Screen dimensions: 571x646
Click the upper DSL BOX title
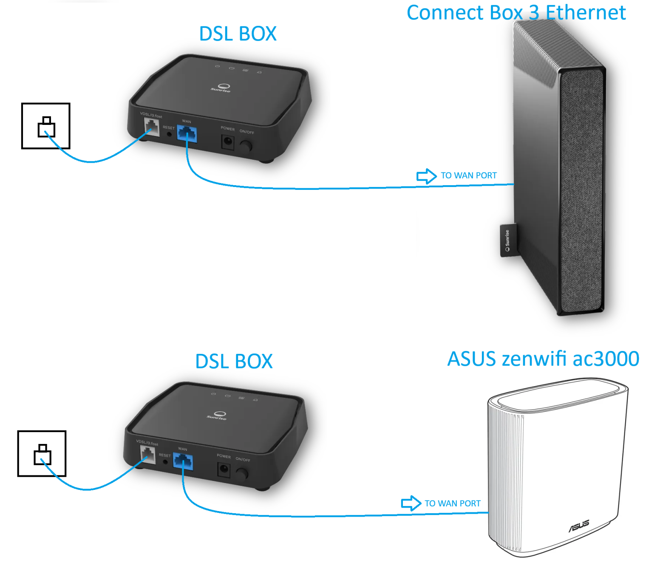(238, 34)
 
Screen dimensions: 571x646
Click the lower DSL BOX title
(234, 362)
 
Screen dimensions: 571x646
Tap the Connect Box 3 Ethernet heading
(516, 13)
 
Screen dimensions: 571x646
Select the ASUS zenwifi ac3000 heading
(543, 359)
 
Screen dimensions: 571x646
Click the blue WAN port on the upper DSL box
(187, 134)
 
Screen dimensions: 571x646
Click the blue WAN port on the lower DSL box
(183, 462)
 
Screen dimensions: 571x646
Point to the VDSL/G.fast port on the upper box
(152, 127)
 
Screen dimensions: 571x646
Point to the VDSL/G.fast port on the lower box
(147, 455)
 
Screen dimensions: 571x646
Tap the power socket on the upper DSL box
(228, 142)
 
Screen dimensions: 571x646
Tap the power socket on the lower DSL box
(224, 470)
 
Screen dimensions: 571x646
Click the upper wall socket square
(46, 126)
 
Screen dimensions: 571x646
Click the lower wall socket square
(42, 454)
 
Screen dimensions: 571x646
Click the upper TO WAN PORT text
(469, 175)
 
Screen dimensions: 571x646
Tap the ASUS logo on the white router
(579, 526)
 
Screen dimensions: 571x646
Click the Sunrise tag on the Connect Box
(508, 240)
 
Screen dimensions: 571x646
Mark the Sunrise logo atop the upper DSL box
(221, 88)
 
